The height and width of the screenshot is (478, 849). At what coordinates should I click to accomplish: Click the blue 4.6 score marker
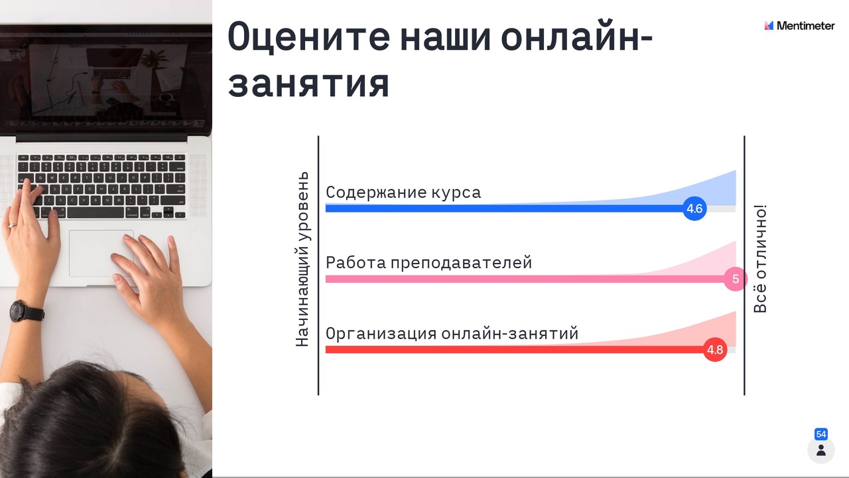point(694,208)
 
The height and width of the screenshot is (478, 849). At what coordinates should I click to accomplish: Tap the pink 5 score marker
point(736,279)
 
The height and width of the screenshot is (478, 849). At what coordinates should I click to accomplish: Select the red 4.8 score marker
point(715,349)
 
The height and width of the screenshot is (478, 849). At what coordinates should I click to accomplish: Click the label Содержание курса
point(403,193)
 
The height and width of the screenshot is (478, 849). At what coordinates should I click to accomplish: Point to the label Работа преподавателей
point(428,263)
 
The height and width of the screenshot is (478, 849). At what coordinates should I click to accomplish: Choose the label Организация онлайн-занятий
point(452,333)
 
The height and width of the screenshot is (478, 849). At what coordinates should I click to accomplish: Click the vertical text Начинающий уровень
point(302,259)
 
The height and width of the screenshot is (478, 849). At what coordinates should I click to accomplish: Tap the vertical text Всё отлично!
point(760,259)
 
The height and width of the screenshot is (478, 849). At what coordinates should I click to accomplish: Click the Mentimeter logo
point(799,25)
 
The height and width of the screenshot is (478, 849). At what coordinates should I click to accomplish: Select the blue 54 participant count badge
point(821,434)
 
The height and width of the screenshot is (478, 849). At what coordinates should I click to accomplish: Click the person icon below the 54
point(821,450)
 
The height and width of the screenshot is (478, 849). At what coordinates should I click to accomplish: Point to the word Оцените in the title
point(308,37)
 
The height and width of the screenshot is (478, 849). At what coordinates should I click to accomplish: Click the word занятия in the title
point(308,84)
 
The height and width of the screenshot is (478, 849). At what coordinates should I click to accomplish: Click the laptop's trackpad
point(101,253)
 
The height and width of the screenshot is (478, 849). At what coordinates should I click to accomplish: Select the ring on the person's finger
point(13,225)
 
